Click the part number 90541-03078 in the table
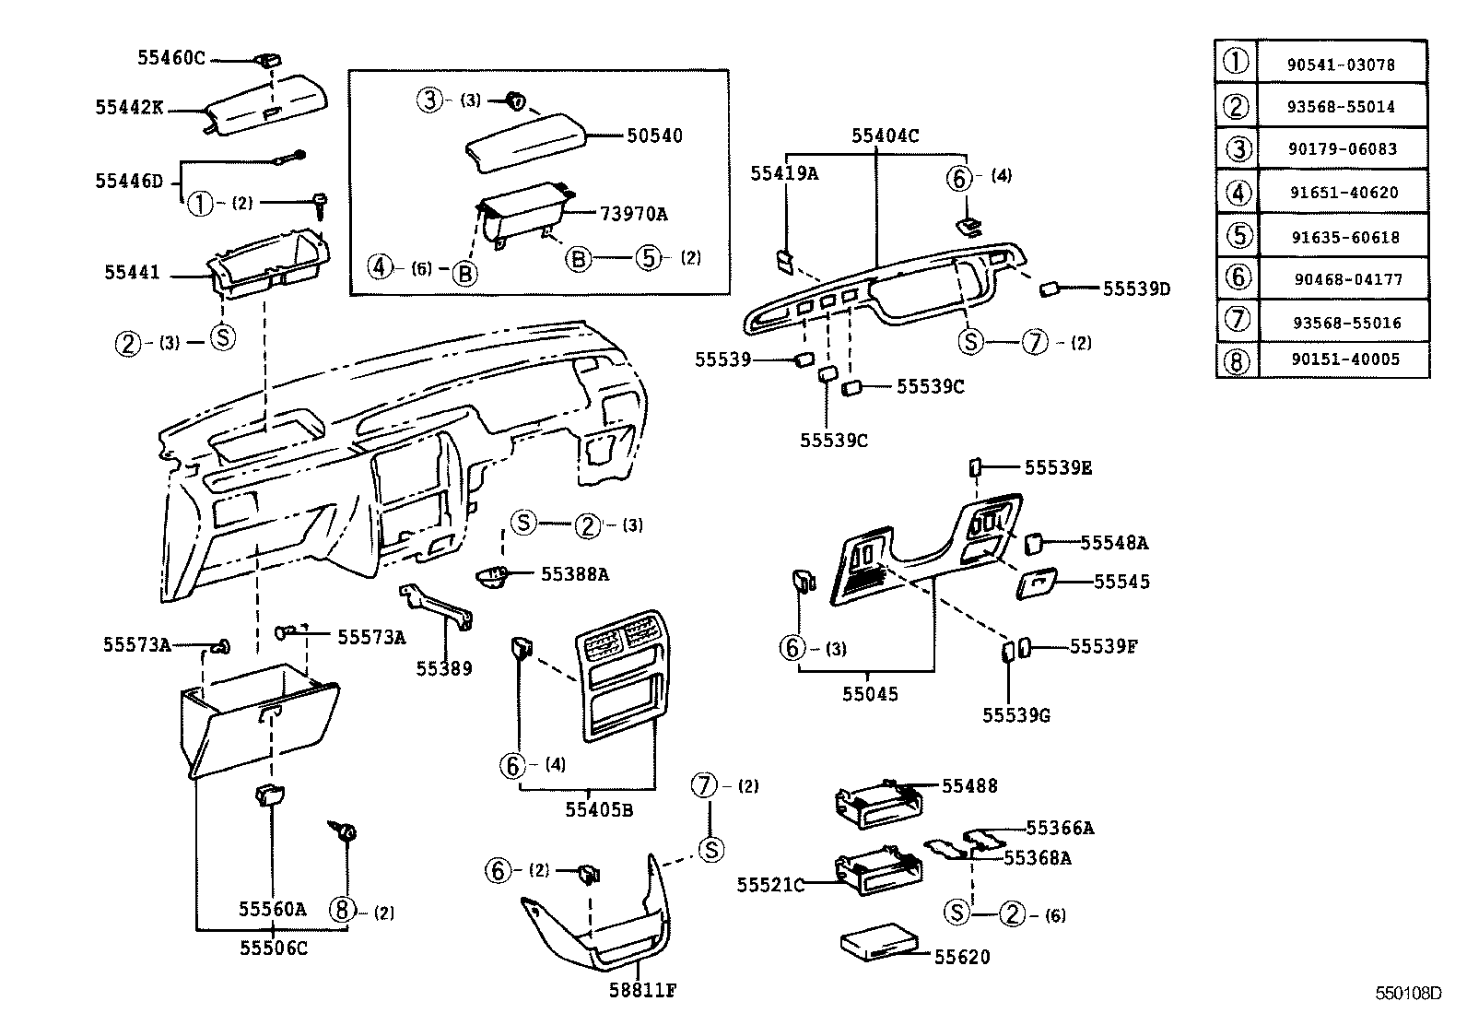point(1341,65)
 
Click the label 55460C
point(171,58)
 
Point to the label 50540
point(654,136)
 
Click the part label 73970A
point(633,214)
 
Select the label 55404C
point(885,135)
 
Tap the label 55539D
point(1136,289)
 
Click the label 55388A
point(575,574)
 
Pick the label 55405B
point(599,810)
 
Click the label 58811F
point(644,991)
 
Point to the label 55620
point(962,958)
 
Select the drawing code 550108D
point(1408,994)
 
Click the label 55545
point(1121,582)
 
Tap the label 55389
point(444,668)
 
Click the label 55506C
point(274,947)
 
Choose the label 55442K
point(129,107)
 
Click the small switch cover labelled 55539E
point(974,467)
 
